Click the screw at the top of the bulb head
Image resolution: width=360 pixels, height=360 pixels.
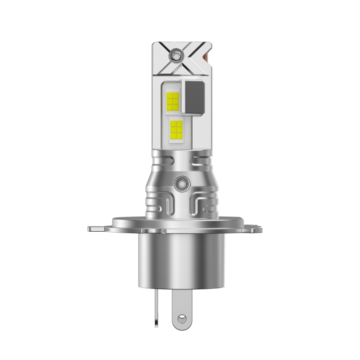[x=175, y=55]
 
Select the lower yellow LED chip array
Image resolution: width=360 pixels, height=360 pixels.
[x=176, y=130]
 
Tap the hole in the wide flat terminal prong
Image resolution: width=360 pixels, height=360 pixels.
[x=182, y=319]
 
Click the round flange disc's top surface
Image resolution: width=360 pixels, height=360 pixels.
[x=180, y=222]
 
